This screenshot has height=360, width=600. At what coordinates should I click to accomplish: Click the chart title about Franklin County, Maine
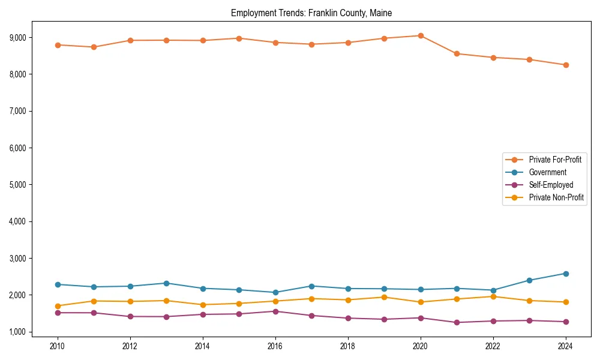tap(311, 13)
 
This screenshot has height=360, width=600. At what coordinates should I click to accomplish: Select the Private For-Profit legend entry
tap(554, 160)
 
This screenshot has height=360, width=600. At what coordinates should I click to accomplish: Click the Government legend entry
tap(547, 172)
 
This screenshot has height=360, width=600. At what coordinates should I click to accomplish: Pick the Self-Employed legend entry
tap(551, 185)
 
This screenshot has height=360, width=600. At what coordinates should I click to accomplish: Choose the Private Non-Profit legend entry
tap(556, 197)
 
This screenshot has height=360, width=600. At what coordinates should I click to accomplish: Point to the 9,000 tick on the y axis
tap(18, 37)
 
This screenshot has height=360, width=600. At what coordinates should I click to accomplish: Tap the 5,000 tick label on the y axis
tap(18, 185)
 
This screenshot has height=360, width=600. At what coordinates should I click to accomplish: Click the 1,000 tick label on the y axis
tap(18, 332)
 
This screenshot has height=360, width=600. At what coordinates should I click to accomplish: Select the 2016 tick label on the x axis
tap(275, 346)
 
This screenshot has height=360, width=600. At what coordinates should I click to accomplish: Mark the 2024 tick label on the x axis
tap(565, 346)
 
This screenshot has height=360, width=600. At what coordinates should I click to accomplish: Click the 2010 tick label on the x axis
tap(58, 346)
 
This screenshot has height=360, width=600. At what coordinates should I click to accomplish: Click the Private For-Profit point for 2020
tap(421, 35)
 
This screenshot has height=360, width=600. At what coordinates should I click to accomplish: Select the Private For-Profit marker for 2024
tap(566, 65)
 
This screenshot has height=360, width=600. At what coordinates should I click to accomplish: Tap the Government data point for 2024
tap(566, 274)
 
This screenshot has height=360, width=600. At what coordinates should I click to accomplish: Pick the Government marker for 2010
tap(58, 284)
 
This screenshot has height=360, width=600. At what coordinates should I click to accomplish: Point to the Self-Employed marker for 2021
tap(457, 322)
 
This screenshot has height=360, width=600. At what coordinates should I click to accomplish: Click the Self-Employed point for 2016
tap(275, 311)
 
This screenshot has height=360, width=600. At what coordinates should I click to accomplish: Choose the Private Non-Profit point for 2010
tap(58, 306)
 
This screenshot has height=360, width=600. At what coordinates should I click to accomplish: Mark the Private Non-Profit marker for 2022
tap(493, 296)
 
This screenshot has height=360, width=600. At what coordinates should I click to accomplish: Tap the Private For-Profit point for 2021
tap(457, 53)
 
